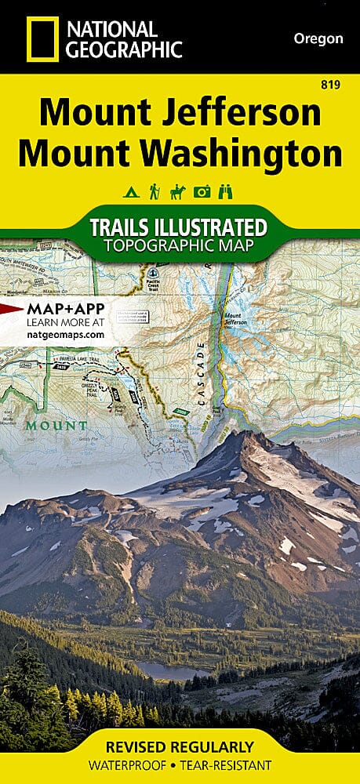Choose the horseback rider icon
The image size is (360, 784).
(x=178, y=191)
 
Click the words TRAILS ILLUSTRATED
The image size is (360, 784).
(x=178, y=228)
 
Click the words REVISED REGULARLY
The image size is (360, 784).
(x=180, y=746)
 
